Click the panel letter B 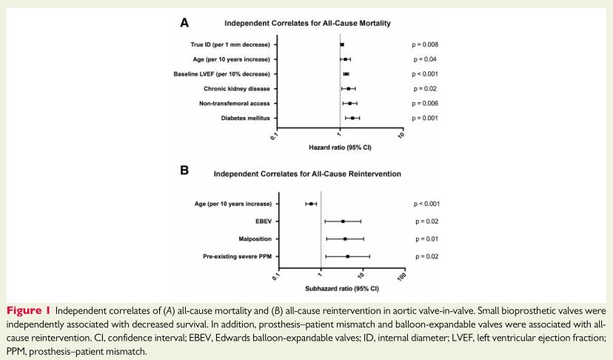(184, 170)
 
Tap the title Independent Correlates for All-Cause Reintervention (307, 175)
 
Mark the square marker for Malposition (345, 239)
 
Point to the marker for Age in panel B (311, 203)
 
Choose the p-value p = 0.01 (426, 239)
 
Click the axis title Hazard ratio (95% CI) (340, 148)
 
